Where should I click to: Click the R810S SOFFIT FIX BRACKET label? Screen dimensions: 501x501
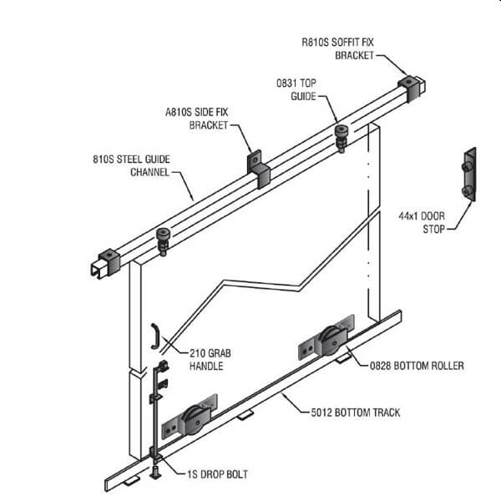click(x=337, y=48)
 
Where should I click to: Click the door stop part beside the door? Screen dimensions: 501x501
click(x=469, y=177)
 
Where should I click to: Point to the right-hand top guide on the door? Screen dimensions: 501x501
click(x=341, y=136)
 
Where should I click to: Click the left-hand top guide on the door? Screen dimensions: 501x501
click(x=162, y=242)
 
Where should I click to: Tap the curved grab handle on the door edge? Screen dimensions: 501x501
click(x=154, y=335)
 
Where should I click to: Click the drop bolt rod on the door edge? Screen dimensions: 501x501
click(x=155, y=409)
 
